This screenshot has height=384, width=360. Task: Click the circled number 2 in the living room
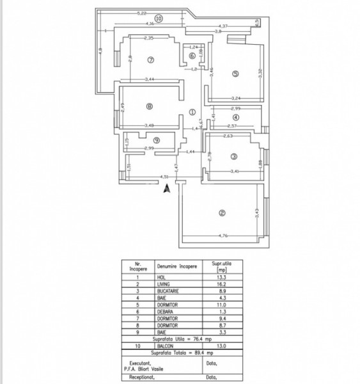pyautogui.click(x=222, y=213)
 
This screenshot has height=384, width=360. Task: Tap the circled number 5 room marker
pyautogui.click(x=235, y=74)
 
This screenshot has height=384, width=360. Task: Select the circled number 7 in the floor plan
pyautogui.click(x=151, y=61)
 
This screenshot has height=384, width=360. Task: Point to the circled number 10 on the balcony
pyautogui.click(x=159, y=19)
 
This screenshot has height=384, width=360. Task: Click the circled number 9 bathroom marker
pyautogui.click(x=156, y=141)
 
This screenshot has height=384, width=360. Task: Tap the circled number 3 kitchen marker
pyautogui.click(x=234, y=157)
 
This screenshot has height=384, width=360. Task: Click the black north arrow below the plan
pyautogui.click(x=168, y=188)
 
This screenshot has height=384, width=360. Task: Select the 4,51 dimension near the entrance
pyautogui.click(x=164, y=177)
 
